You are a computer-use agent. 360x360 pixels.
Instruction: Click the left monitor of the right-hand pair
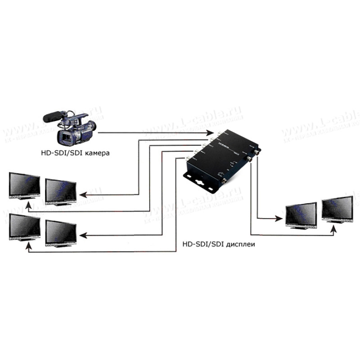(x=301, y=214)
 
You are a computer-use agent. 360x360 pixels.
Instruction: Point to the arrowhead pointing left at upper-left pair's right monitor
(x=83, y=193)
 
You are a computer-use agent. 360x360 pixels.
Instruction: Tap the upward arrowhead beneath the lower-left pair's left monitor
(x=28, y=246)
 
